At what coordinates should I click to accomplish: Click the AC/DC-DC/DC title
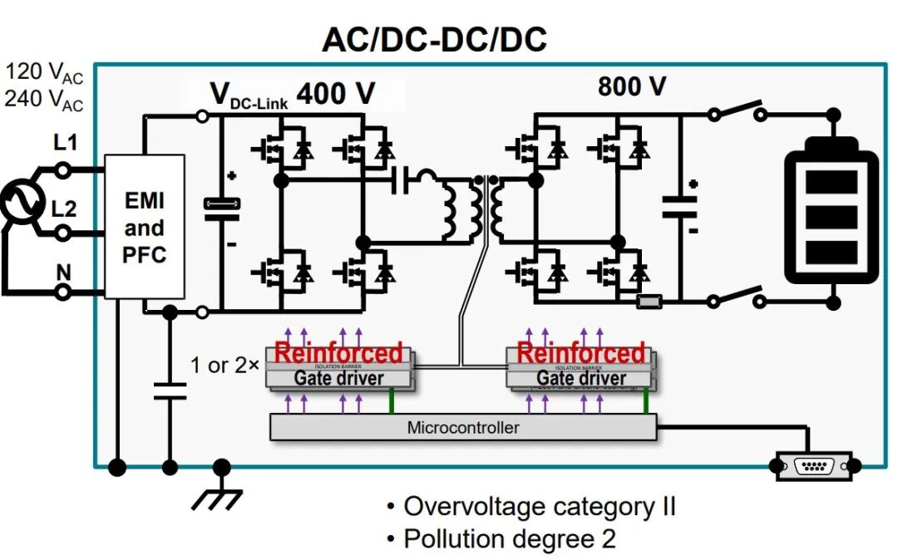point(434,40)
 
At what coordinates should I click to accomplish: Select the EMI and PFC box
point(145,227)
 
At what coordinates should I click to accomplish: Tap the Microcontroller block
point(462,428)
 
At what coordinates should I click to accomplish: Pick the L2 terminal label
point(65,209)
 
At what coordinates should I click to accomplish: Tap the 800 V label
point(632,86)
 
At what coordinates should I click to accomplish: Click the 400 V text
point(336,94)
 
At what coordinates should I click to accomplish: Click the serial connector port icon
point(814,465)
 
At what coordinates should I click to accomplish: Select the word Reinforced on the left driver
point(338,352)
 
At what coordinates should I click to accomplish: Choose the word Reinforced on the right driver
point(580,352)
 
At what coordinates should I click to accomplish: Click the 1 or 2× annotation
point(219,365)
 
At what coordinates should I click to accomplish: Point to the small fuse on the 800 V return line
point(649,302)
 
